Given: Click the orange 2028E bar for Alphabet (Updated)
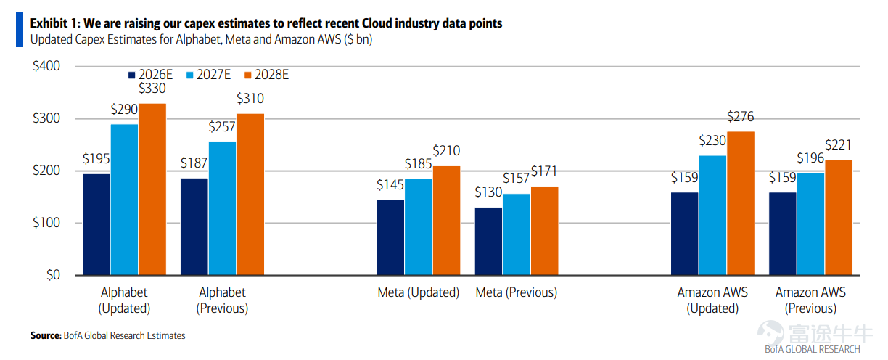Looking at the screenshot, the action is click(152, 189).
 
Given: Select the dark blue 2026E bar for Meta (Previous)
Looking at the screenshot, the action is click(488, 241).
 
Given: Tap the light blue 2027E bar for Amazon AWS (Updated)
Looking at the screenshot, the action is click(712, 216).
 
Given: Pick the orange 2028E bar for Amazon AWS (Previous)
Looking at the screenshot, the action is click(839, 218).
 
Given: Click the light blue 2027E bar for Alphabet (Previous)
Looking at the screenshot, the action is click(222, 208).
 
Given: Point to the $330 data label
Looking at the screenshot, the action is click(152, 89).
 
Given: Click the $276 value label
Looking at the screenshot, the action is click(741, 117).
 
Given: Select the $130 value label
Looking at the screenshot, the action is click(488, 192).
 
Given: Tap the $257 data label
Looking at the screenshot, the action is click(222, 127).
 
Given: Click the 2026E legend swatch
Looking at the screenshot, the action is click(131, 75).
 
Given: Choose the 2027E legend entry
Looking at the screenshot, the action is click(208, 75).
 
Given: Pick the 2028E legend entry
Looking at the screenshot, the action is click(267, 75).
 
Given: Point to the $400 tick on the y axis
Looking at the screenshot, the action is click(46, 66).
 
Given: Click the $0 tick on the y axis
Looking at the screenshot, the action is click(53, 275).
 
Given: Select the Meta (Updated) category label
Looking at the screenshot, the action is click(418, 292).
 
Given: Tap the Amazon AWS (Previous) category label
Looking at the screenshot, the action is click(810, 300).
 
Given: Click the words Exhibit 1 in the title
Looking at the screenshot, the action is click(55, 23).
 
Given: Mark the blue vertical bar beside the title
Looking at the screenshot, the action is click(20, 30).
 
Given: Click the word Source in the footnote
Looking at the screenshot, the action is click(45, 336).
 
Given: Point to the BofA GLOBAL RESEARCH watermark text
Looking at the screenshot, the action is click(813, 349).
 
